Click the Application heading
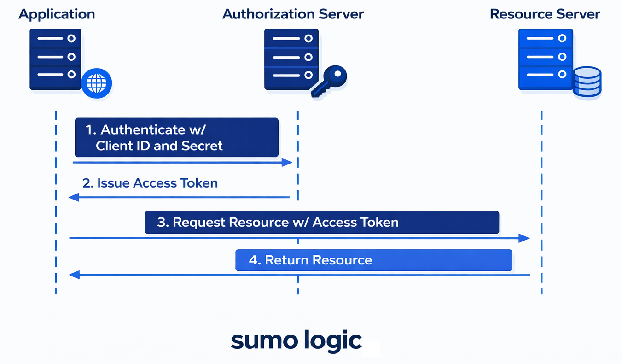[57, 14]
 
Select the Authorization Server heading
[293, 14]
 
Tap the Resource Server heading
[545, 14]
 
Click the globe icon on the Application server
[97, 83]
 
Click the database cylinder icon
[587, 82]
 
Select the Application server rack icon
[55, 59]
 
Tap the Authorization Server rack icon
[291, 59]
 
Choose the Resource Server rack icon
[546, 59]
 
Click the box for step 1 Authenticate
[176, 137]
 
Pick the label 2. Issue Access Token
[150, 183]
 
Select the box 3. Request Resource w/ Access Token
[321, 222]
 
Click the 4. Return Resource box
[373, 260]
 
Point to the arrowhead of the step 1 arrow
[287, 162]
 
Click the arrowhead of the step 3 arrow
[524, 238]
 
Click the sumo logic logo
[296, 340]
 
